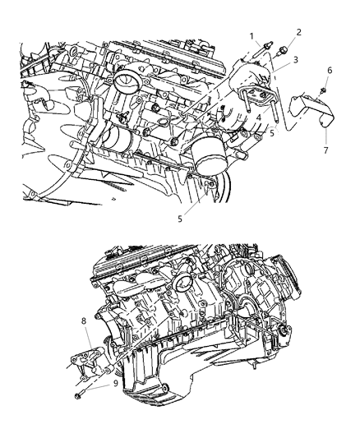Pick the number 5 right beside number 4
tap(272, 134)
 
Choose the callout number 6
tap(329, 71)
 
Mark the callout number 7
tap(327, 150)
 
